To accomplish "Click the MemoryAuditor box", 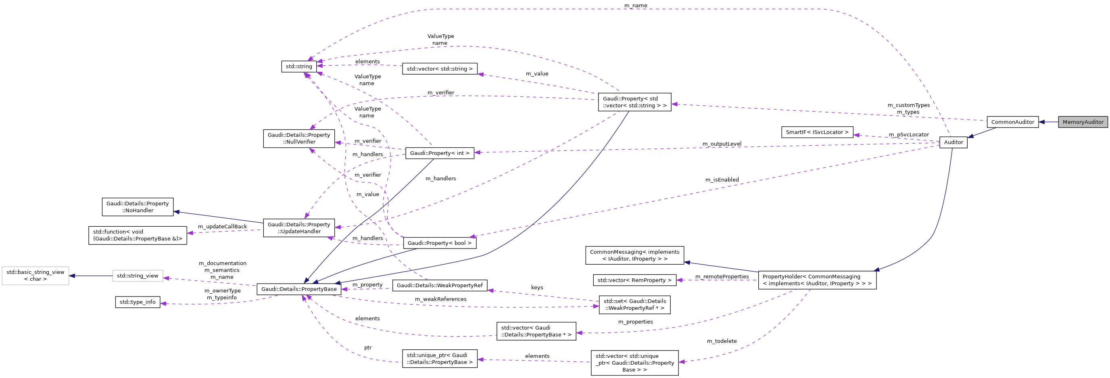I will pos(1083,122).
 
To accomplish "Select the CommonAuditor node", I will pos(1012,122).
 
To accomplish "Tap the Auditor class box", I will pos(953,142).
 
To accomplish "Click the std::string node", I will pos(298,67).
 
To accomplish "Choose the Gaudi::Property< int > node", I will pos(440,153).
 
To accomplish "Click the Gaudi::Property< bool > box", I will pos(440,243).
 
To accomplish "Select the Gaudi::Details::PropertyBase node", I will pos(298,289).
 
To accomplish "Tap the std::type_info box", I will pos(138,302).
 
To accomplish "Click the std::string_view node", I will pos(138,276).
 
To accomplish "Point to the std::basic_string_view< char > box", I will pos(35,276).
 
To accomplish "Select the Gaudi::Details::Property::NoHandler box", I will pos(138,207).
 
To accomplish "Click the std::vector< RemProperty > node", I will pos(634,280).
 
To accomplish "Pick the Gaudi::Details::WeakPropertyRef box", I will pos(440,285).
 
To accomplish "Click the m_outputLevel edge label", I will pos(722,144).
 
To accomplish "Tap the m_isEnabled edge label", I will pos(722,180).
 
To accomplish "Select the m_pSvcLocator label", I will pos(909,135).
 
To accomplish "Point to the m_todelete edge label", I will pos(722,341).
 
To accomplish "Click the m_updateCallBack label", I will pos(222,227).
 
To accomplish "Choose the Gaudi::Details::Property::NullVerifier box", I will pos(298,138).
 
